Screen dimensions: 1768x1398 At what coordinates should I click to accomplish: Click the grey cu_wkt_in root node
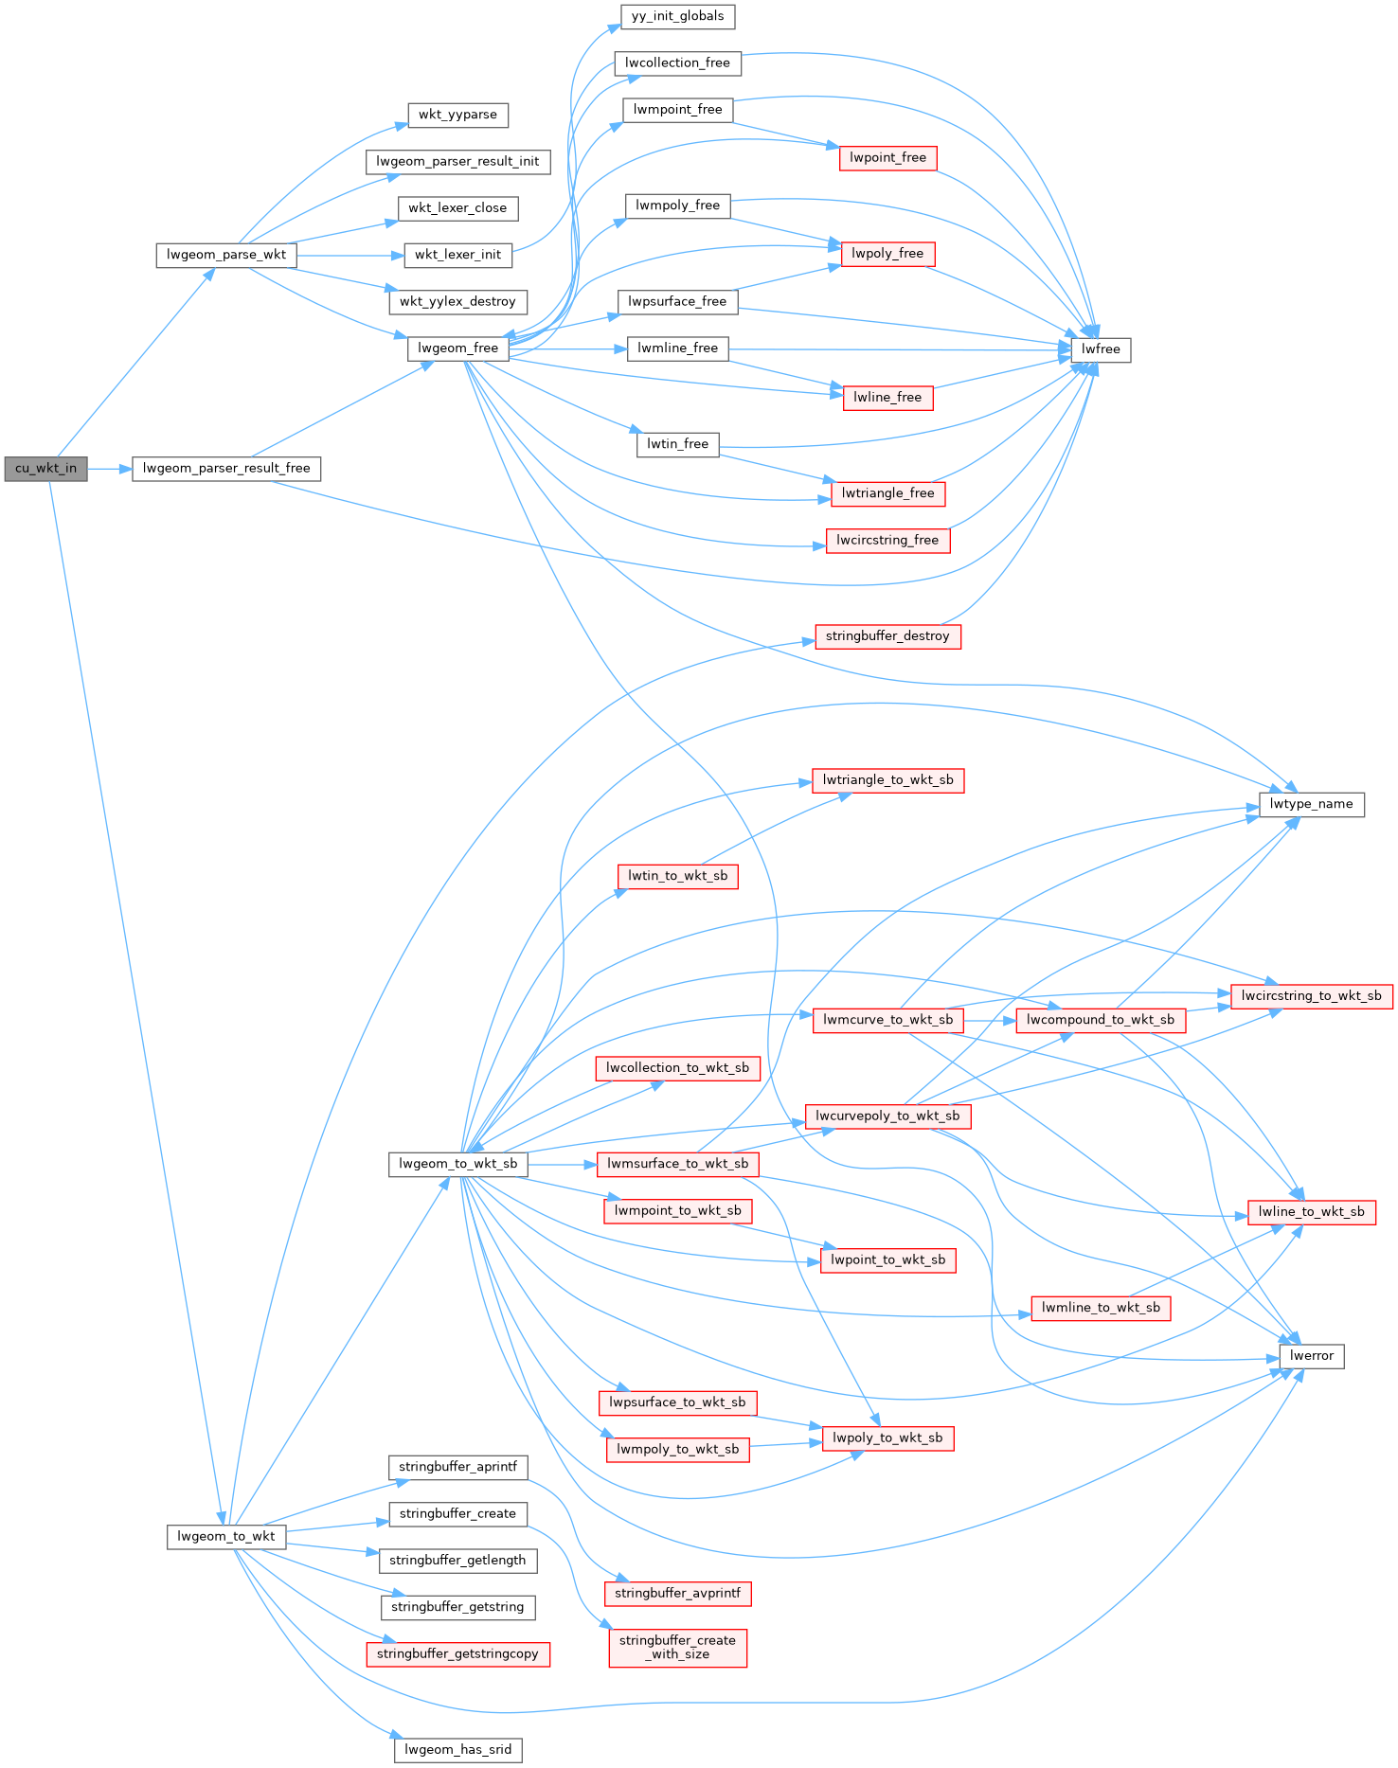point(45,469)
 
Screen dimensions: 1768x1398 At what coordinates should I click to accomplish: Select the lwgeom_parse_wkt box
point(225,255)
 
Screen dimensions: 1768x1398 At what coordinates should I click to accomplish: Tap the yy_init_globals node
point(677,16)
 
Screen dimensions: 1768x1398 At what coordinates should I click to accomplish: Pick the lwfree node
point(1100,349)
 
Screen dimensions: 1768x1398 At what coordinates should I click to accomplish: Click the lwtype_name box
point(1311,804)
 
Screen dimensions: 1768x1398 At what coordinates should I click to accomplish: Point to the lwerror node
point(1311,1356)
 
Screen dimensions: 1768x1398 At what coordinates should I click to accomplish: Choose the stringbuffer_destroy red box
point(887,636)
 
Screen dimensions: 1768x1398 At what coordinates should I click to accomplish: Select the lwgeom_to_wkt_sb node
point(457,1164)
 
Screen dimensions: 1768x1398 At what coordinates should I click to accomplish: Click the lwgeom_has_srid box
point(457,1749)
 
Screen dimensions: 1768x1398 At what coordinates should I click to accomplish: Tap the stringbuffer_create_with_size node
point(677,1648)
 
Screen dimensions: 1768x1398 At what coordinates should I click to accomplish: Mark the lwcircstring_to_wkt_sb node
point(1311,996)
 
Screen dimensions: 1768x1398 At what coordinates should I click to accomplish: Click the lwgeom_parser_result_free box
point(226,469)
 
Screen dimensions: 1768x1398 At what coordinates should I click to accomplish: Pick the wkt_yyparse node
point(457,115)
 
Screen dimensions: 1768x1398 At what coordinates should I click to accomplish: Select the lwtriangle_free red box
point(887,493)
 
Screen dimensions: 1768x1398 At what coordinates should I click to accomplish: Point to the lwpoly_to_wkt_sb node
point(887,1438)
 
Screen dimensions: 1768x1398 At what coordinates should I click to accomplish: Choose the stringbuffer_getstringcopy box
point(457,1654)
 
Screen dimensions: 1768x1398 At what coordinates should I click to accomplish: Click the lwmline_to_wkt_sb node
point(1100,1308)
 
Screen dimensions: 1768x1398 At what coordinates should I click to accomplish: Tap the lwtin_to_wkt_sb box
point(677,876)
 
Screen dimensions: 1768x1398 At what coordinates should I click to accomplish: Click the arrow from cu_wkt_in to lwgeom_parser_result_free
point(110,469)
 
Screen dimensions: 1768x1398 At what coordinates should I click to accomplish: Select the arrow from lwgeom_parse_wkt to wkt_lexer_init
point(349,256)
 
